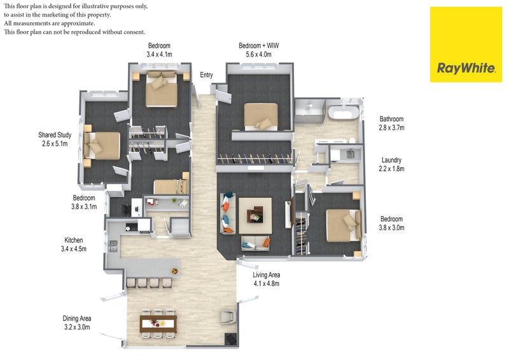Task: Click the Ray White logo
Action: click(466, 45)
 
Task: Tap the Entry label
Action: click(206, 75)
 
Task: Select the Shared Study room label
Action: click(55, 135)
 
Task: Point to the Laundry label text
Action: click(391, 160)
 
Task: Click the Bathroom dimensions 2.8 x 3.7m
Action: click(391, 128)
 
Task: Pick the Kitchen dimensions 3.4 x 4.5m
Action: click(74, 249)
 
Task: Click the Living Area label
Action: click(266, 275)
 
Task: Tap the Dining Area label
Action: click(77, 319)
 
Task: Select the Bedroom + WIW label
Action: click(259, 46)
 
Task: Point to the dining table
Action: click(158, 324)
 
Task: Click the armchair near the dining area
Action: click(228, 317)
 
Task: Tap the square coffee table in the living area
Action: click(255, 216)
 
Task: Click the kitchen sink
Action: click(113, 246)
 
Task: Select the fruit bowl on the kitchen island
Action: click(174, 271)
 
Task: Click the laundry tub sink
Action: click(350, 154)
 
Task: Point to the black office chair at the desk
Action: click(126, 209)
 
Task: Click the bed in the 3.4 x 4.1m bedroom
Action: click(162, 88)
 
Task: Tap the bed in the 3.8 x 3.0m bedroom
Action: click(344, 225)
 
